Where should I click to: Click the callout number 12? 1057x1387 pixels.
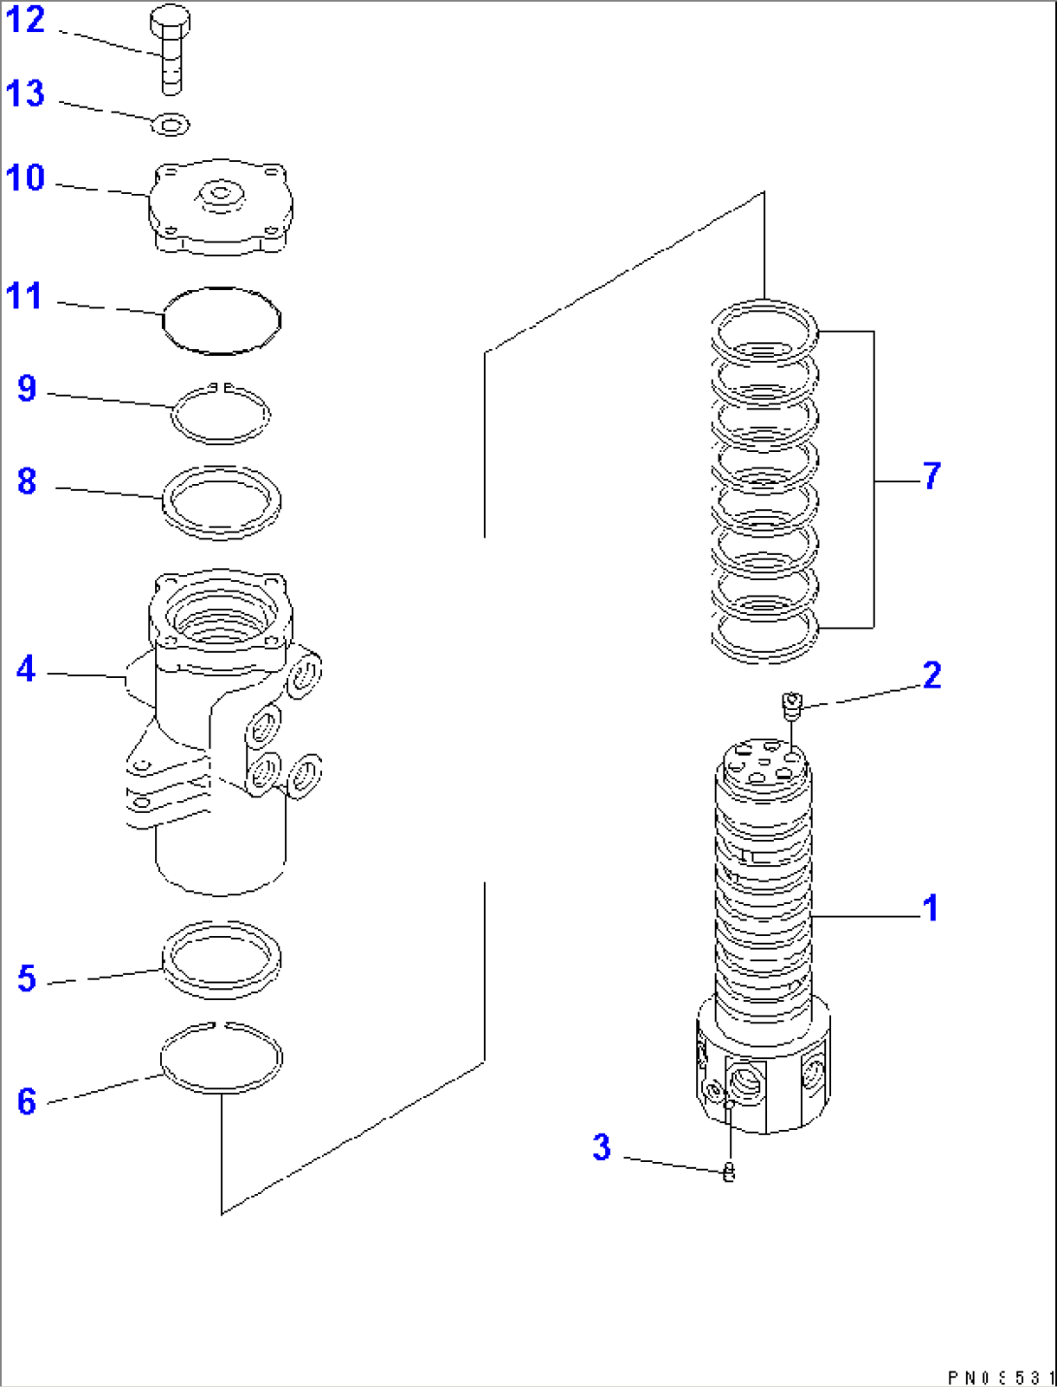(25, 20)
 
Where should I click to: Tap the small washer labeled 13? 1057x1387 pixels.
(172, 124)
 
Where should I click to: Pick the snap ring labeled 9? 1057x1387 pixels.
(220, 414)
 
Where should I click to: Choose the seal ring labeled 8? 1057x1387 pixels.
(221, 502)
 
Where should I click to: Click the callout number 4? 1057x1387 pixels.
(26, 669)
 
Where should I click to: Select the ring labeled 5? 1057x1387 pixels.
(221, 959)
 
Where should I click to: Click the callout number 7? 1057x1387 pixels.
(931, 476)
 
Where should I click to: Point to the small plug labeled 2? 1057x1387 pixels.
(792, 703)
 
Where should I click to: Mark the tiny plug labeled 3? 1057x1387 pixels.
(729, 1173)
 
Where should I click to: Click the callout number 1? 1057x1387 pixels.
(930, 909)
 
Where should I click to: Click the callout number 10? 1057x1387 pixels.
(25, 178)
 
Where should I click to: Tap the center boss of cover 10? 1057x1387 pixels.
(221, 195)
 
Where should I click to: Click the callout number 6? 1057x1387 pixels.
(26, 1102)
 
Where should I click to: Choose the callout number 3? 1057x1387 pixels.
(602, 1147)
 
